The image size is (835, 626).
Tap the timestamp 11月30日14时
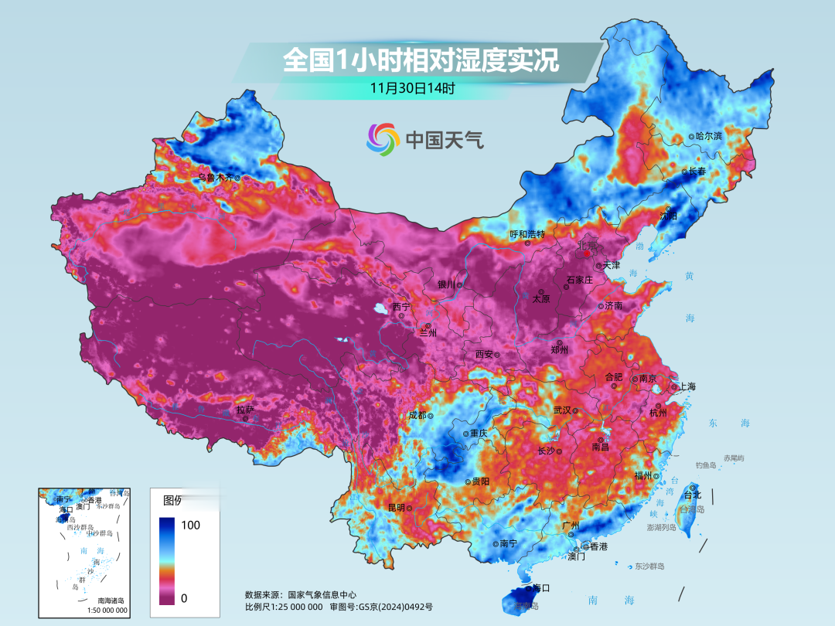[x=412, y=88]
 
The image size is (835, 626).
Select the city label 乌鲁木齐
[x=216, y=177]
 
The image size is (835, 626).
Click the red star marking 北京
[x=588, y=253]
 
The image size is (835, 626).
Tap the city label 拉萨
[x=244, y=410]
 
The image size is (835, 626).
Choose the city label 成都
[x=417, y=415]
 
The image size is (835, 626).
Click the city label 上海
[x=687, y=386]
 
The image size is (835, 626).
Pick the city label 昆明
[x=396, y=508]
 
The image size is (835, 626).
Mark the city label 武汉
[x=562, y=410]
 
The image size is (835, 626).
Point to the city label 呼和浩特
[x=527, y=233]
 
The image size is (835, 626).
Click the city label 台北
[x=693, y=495]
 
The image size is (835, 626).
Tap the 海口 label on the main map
[x=542, y=588]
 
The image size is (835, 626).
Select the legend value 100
[x=190, y=526]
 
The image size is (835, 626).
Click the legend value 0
[x=185, y=597]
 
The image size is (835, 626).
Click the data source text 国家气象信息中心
[x=322, y=595]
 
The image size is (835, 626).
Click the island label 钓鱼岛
[x=707, y=464]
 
